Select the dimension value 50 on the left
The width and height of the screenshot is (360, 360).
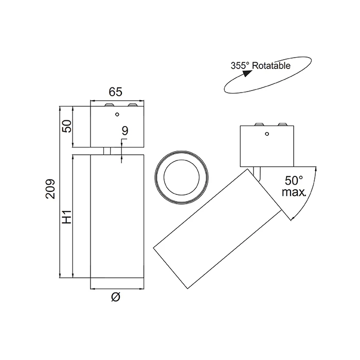(66, 126)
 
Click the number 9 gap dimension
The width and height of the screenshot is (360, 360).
(124, 131)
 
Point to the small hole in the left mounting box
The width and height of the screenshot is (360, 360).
(117, 114)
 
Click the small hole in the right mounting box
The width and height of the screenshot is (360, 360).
(266, 134)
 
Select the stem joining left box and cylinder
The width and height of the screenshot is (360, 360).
(106, 150)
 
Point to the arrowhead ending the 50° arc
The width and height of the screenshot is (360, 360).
(293, 218)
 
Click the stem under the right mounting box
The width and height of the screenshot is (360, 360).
(257, 173)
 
